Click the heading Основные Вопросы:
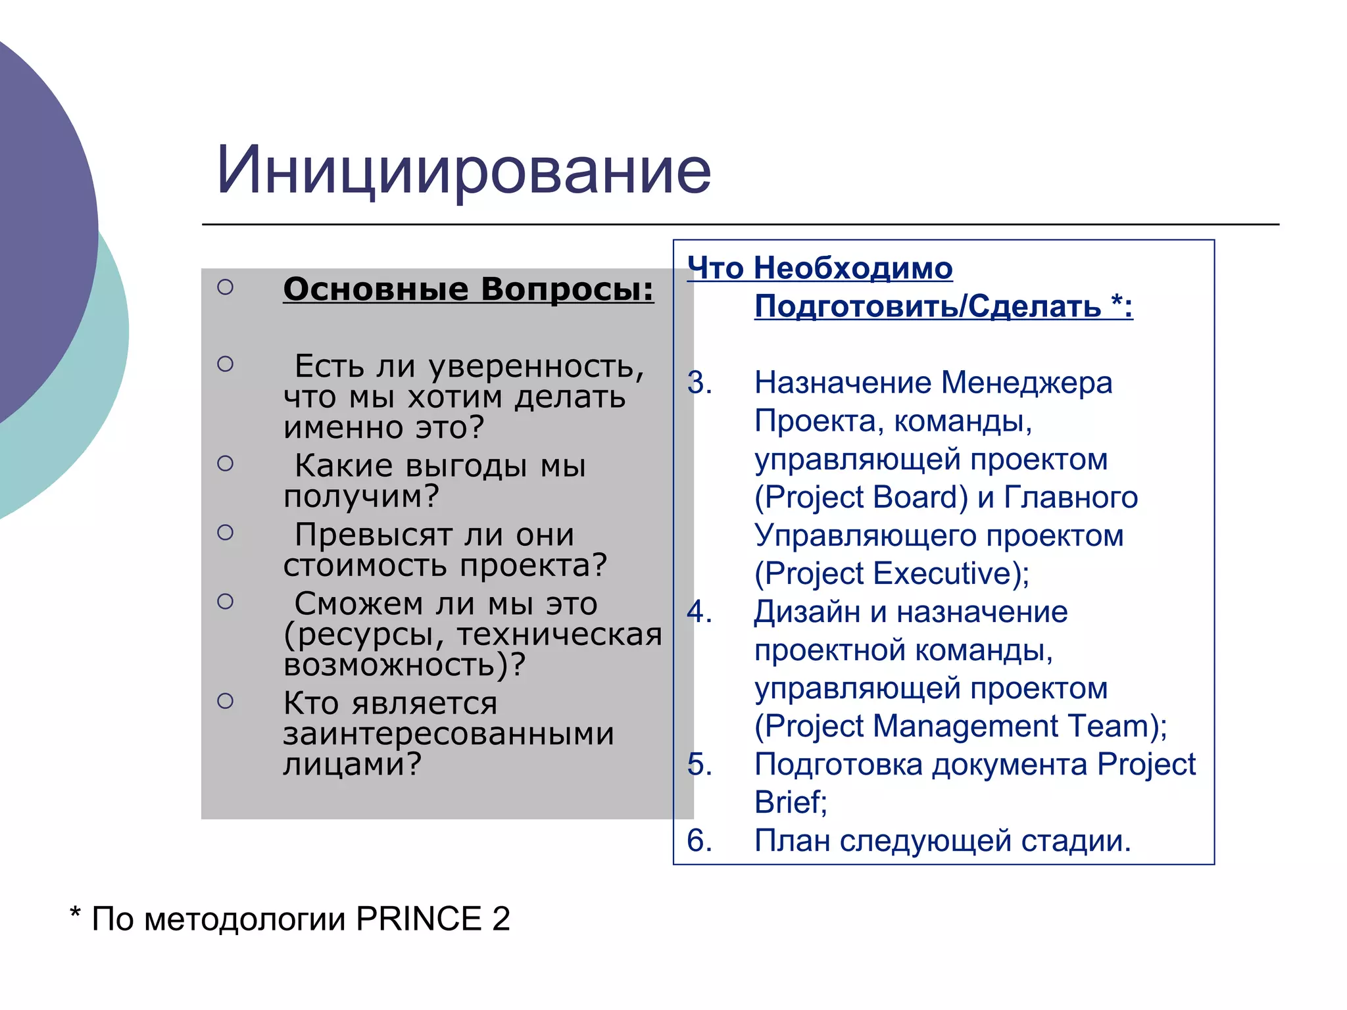[468, 289]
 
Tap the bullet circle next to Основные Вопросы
[225, 287]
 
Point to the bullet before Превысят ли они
[225, 533]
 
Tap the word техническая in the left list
[559, 635]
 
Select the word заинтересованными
[449, 734]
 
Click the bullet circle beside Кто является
[225, 702]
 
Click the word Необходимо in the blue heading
[852, 268]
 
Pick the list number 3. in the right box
[699, 383]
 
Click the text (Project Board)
[860, 498]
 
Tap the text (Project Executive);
[891, 574]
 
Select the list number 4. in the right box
[699, 612]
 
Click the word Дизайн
[806, 612]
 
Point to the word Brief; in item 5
[790, 803]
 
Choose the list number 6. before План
[699, 841]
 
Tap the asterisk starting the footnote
[75, 914]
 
